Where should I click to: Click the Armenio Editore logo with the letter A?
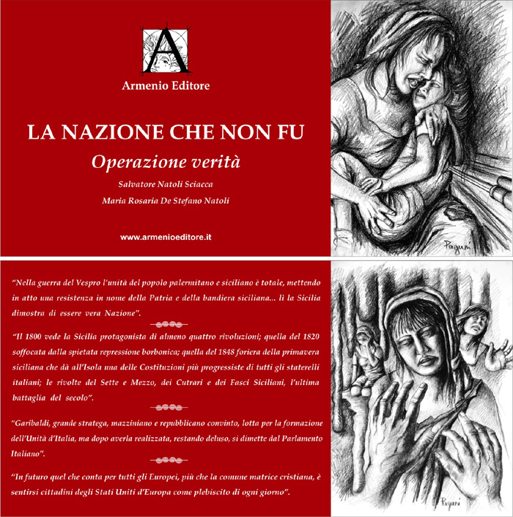click(x=166, y=51)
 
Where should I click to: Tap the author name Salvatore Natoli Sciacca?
click(x=166, y=183)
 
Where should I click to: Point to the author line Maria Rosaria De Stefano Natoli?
click(x=166, y=200)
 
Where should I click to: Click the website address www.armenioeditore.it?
click(x=166, y=238)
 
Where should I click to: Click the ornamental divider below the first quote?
click(x=166, y=323)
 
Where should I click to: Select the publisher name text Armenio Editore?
click(x=166, y=87)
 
